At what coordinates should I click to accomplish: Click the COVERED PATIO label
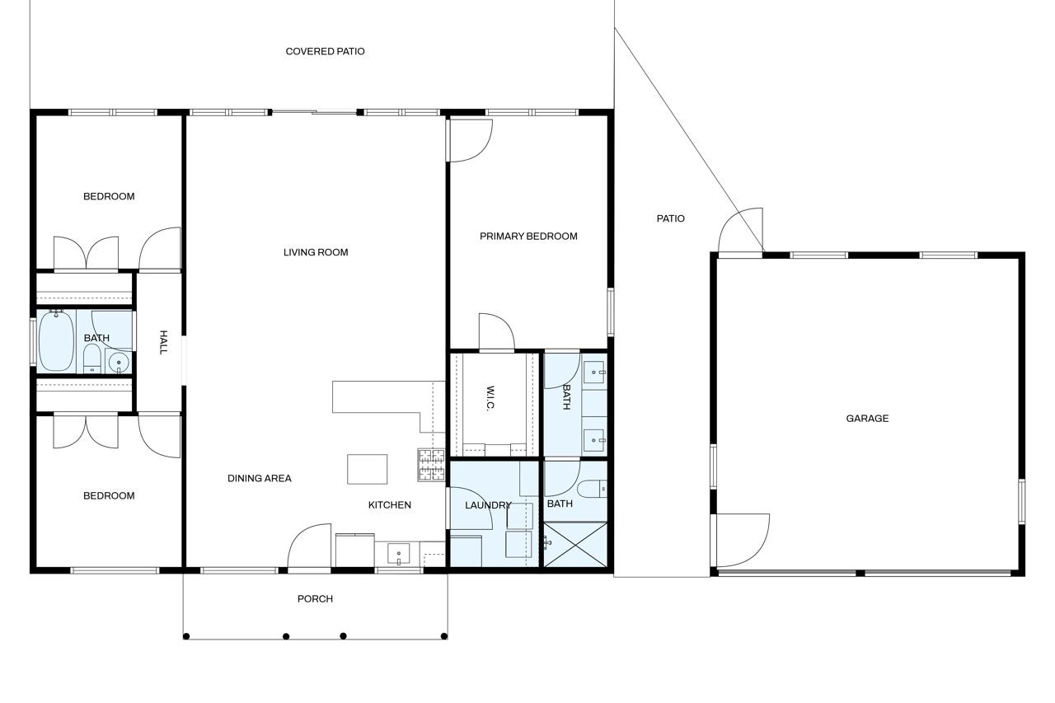(x=325, y=51)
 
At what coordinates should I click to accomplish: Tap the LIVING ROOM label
(x=316, y=252)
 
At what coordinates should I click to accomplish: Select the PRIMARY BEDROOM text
(x=528, y=237)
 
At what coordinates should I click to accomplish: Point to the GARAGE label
(x=867, y=419)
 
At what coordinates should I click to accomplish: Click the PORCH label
(x=315, y=599)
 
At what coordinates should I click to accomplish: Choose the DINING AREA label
(x=259, y=478)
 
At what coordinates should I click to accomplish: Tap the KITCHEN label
(x=389, y=505)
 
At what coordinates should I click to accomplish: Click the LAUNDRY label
(x=488, y=505)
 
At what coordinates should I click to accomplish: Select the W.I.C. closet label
(x=490, y=399)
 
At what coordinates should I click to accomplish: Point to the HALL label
(x=163, y=342)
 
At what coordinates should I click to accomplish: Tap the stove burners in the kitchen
(x=431, y=465)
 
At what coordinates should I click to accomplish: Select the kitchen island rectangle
(x=367, y=469)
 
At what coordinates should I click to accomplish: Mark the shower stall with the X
(x=576, y=544)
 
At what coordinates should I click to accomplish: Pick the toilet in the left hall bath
(x=92, y=358)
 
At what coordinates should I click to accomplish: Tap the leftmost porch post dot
(x=186, y=635)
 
